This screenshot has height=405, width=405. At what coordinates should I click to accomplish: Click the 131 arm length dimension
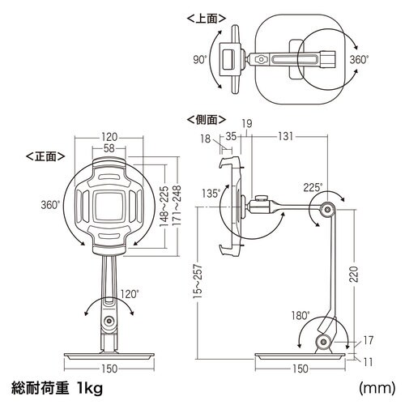285,137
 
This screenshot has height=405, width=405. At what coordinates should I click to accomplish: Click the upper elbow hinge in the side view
329,211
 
